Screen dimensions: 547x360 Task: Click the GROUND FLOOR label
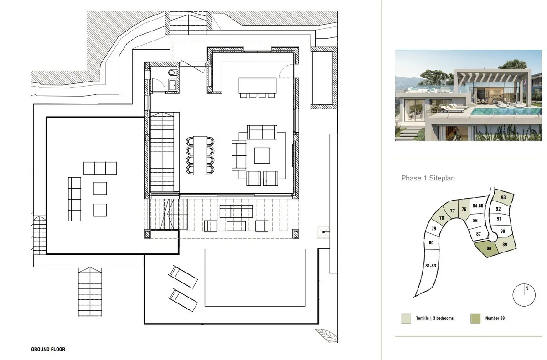[x=48, y=349]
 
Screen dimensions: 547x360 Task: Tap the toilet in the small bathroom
[x=172, y=72]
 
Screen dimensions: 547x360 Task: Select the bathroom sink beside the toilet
[x=173, y=85]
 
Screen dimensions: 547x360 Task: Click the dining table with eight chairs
[x=200, y=155]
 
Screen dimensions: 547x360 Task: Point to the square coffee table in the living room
[x=262, y=155]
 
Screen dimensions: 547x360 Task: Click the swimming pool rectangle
[x=255, y=278]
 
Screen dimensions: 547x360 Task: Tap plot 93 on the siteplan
[x=503, y=197]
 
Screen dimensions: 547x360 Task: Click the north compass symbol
[x=524, y=295]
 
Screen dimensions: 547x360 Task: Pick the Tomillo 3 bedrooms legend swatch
[x=406, y=319]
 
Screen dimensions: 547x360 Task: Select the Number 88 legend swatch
[x=475, y=319]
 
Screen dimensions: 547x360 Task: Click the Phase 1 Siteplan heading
[x=428, y=178]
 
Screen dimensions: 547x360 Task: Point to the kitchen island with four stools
[x=258, y=87]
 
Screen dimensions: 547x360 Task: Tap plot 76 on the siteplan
[x=464, y=209]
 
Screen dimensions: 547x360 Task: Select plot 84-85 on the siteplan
[x=478, y=206]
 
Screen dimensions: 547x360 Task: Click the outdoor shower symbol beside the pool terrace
[x=323, y=232]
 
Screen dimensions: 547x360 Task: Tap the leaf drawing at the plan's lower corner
[x=326, y=335]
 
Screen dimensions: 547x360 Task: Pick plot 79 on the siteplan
[x=433, y=229]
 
